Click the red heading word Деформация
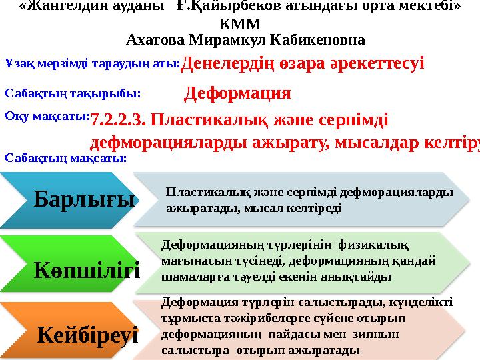pos(237,93)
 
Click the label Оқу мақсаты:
pos(47,115)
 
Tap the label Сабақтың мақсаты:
pos(66,158)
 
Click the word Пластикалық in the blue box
pos(201,192)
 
